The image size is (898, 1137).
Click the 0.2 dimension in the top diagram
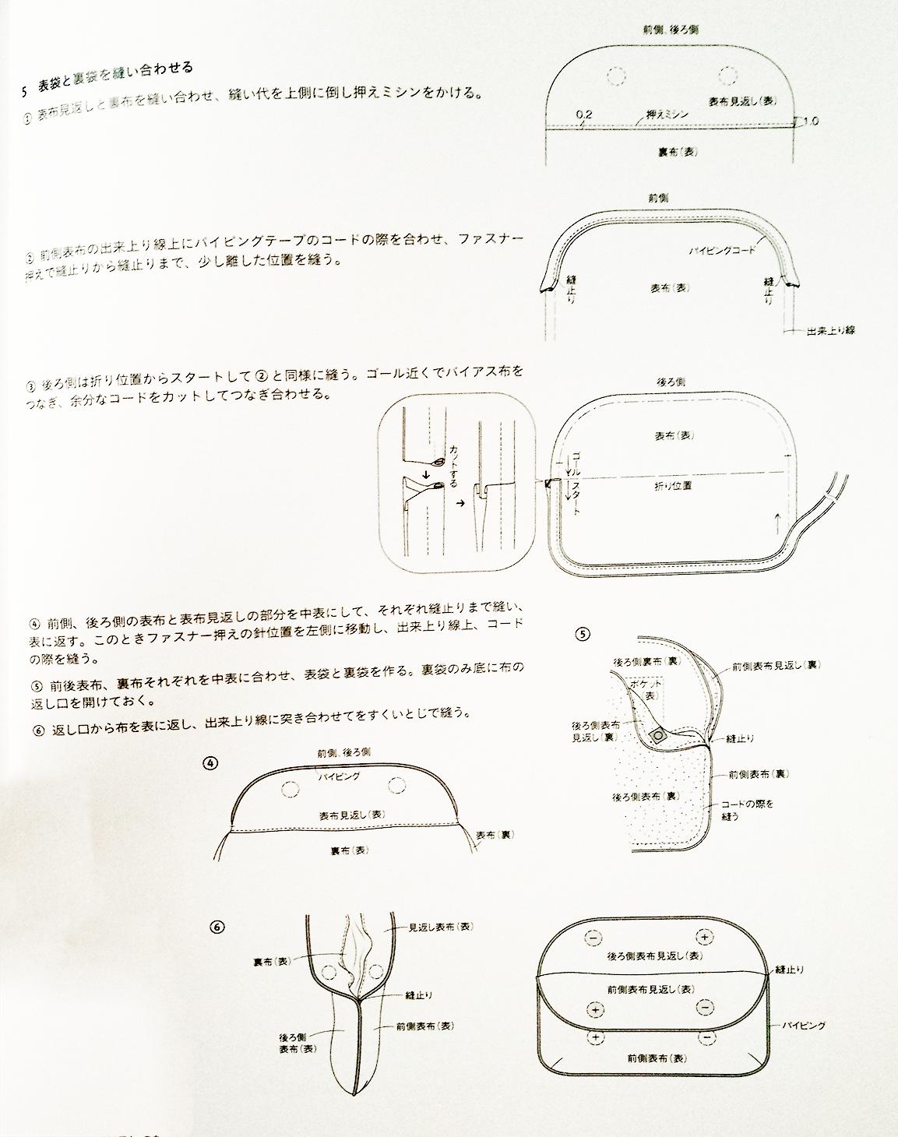(584, 114)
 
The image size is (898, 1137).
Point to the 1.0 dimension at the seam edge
(809, 121)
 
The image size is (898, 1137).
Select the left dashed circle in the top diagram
(617, 75)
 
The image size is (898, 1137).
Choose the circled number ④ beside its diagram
(209, 763)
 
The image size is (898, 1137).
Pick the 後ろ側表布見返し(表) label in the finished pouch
(648, 956)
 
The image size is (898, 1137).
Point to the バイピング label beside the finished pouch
(803, 1026)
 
